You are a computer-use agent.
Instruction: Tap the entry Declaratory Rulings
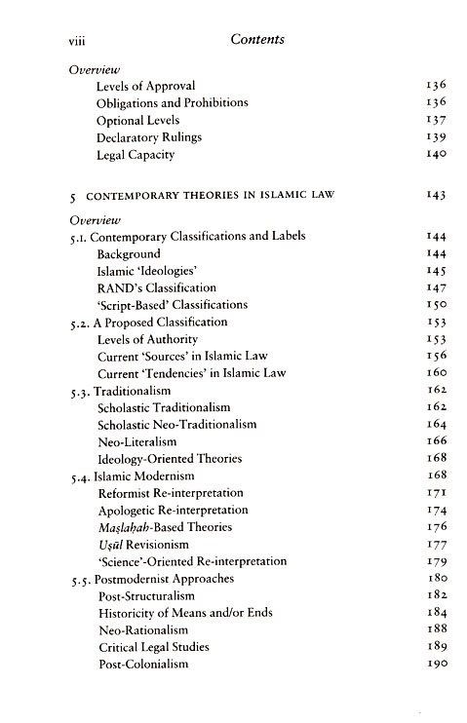tap(149, 137)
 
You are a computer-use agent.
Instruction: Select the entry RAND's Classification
tap(157, 288)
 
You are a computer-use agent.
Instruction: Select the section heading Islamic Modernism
tap(144, 476)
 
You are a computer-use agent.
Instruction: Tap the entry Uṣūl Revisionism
tap(142, 545)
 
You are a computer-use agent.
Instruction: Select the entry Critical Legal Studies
tap(153, 647)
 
